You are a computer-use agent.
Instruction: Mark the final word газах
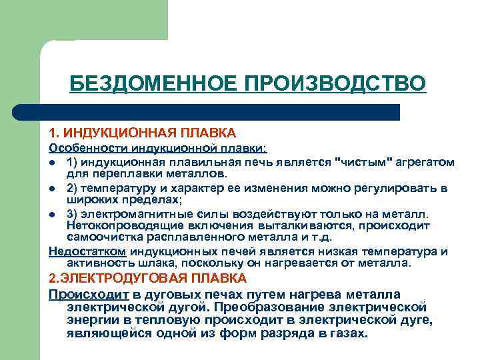[347, 333]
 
